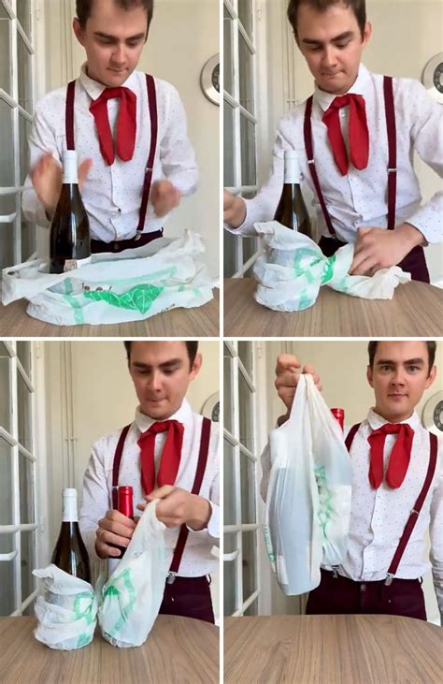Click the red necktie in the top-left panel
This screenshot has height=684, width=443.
coord(114,122)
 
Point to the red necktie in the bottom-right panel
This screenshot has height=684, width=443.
coord(390,454)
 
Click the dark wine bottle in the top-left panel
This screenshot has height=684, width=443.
coord(69,220)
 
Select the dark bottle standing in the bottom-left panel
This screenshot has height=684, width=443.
coord(69,543)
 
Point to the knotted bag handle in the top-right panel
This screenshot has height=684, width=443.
coord(329,269)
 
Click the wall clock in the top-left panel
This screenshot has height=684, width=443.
coord(211,80)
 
